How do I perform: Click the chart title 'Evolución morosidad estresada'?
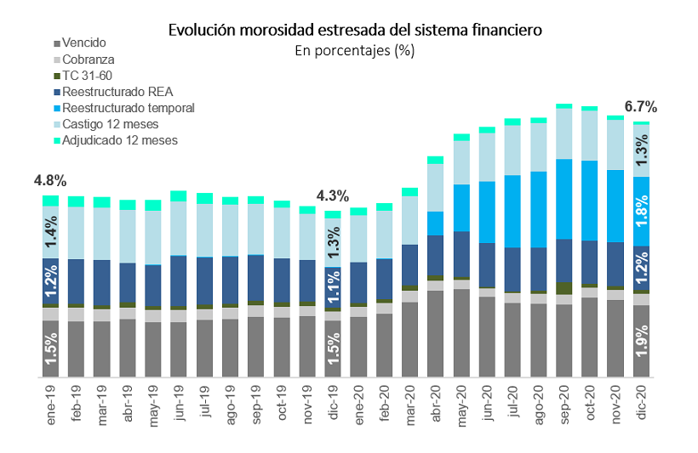354,30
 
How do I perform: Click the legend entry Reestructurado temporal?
129,108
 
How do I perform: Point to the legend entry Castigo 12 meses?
111,124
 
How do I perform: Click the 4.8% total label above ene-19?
50,181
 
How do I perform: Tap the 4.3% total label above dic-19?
333,195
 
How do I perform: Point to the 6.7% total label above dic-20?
640,107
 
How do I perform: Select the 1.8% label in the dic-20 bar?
640,211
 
